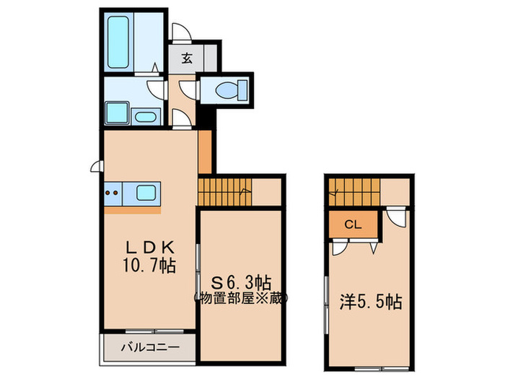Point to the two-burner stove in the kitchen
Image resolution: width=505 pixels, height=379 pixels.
(112, 193)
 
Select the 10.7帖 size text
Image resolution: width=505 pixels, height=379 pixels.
(150, 265)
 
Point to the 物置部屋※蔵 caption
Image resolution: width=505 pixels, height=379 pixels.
(241, 297)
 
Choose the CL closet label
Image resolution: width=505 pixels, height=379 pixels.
(352, 224)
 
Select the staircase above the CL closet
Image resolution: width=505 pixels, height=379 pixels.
(353, 193)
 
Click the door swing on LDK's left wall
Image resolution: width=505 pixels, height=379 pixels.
(97, 167)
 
